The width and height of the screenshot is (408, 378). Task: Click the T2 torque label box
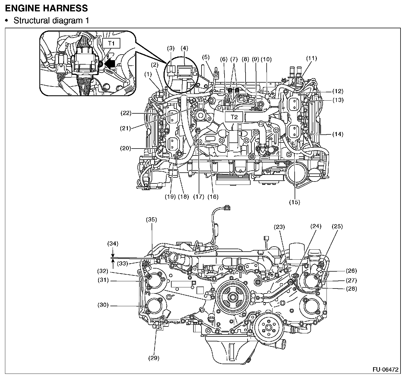coord(234,117)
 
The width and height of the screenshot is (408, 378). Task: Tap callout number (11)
coord(312,58)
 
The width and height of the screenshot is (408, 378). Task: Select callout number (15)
coord(294,202)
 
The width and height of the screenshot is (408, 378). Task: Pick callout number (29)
coord(154,358)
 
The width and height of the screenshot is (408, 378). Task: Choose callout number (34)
coord(113,244)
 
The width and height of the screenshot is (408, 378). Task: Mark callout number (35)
coord(151,220)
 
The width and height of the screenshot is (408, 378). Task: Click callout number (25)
coord(337,226)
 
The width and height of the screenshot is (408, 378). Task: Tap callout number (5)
coord(206,58)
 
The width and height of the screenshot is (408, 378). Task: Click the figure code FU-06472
coord(385,369)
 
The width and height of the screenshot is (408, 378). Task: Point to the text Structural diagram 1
coord(51,21)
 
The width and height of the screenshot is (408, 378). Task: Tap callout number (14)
coord(338,134)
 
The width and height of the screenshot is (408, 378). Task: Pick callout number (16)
coord(213,197)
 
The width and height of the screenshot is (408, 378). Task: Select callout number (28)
coord(351,289)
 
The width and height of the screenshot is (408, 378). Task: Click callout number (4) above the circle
coord(184,48)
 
